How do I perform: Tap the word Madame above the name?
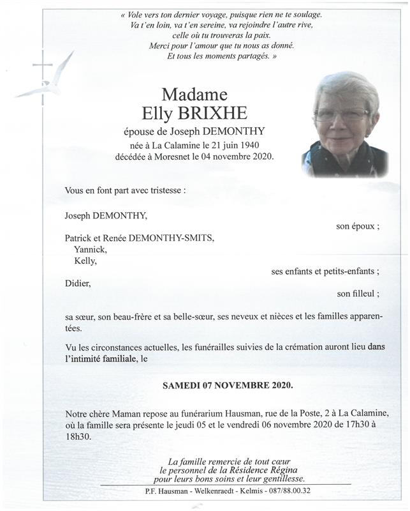coord(196,94)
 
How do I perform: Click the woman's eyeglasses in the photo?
coord(341,116)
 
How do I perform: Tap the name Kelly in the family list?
coord(86,261)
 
